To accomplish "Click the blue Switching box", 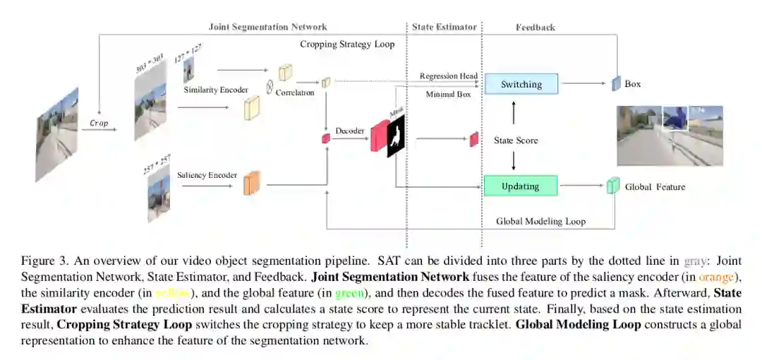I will coord(521,85).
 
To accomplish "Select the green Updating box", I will coord(520,186).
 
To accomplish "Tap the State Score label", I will coord(516,140).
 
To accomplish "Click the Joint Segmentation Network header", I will coord(268,27).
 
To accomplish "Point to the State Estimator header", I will coord(445,27).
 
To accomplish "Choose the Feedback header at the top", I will coord(535,27).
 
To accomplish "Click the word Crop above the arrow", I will coord(99,123).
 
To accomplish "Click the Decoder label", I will coord(350,131).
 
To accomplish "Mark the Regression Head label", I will coord(448,76).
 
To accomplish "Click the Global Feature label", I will coord(655,187).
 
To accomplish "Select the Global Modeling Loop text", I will coord(540,221).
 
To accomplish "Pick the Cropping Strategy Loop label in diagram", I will coord(347,44).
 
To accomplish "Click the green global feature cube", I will coord(612,186).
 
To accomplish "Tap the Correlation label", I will coord(295,92).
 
